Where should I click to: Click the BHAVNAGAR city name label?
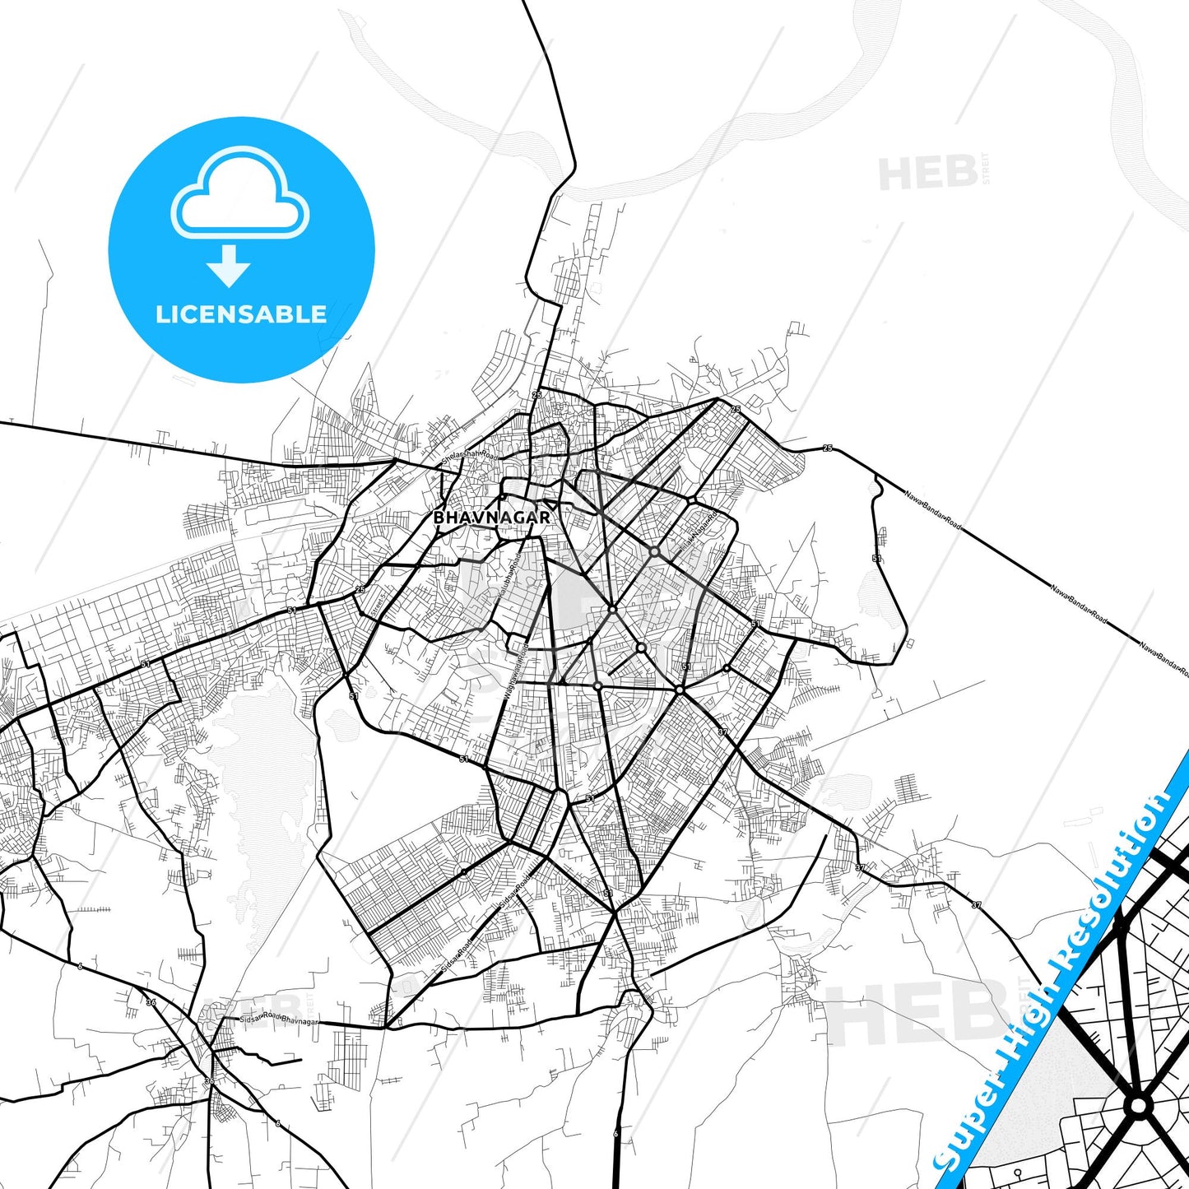point(491,518)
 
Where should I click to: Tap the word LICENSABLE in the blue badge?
point(241,314)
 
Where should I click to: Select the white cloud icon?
point(239,193)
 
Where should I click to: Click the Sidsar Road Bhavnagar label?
point(278,1019)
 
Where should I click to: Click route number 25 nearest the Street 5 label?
point(360,589)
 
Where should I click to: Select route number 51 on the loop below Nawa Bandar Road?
point(876,559)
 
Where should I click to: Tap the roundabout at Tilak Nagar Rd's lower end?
point(654,550)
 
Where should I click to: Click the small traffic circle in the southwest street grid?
point(464,871)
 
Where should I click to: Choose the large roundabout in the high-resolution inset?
point(1139,1105)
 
